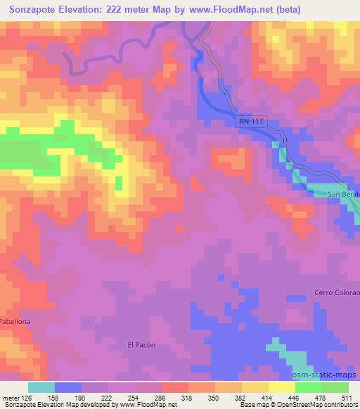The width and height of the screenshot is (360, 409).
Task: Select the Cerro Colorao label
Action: coord(336,293)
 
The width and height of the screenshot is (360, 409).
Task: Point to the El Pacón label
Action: coord(141,345)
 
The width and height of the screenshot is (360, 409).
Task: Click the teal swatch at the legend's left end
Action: coord(41,387)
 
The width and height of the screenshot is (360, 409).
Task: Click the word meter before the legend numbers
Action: coord(11,398)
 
